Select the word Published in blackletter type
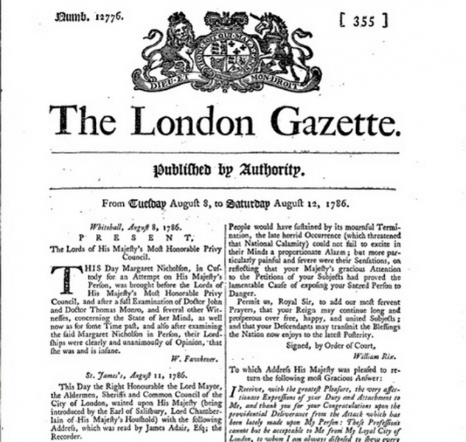(181, 171)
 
